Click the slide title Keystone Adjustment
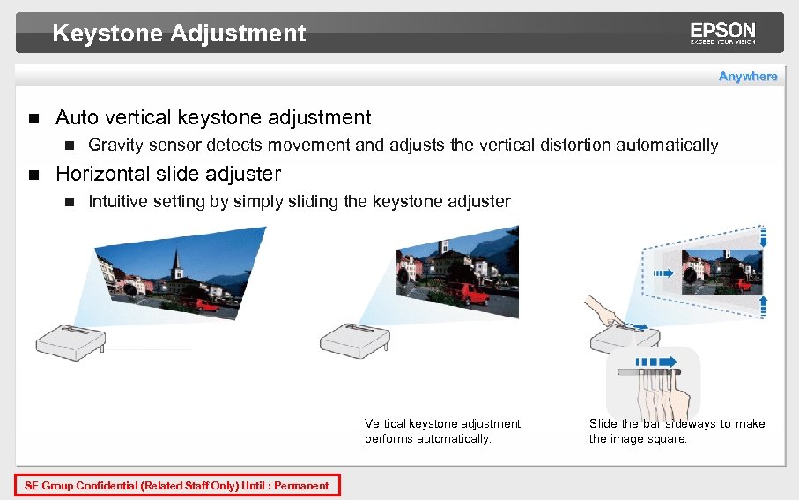pos(179,34)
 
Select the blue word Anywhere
pos(748,77)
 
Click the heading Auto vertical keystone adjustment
pos(213,117)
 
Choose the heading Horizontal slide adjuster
pos(168,174)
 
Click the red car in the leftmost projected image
pos(201,305)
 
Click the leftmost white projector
pos(70,340)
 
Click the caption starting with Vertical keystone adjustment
pos(442,431)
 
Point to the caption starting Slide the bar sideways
pos(677,431)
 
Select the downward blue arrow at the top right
pos(764,236)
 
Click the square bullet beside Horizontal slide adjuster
pos(33,175)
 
